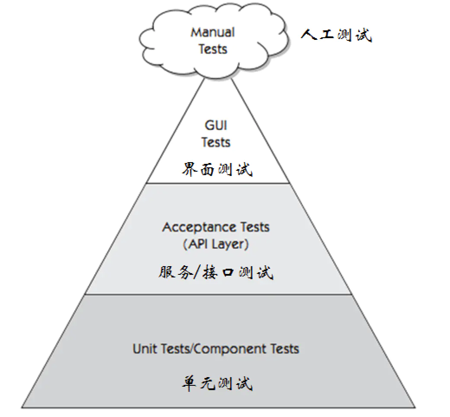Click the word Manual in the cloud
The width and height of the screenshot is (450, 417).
[x=212, y=33]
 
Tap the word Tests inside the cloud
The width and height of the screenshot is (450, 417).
[x=213, y=49]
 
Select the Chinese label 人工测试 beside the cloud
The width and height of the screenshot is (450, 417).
[x=336, y=35]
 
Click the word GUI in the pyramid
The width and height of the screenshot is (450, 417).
[x=215, y=126]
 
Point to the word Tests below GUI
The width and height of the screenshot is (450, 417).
[x=215, y=142]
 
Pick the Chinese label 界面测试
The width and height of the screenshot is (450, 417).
[x=216, y=169]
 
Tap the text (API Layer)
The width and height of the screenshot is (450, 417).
[x=215, y=244]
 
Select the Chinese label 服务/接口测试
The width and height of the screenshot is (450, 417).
[x=215, y=272]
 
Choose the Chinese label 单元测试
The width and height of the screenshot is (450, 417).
[x=216, y=384]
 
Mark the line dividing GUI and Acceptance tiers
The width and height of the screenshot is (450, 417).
[x=219, y=183]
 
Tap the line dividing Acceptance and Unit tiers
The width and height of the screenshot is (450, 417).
[x=219, y=294]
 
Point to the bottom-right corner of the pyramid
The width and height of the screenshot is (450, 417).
[x=414, y=407]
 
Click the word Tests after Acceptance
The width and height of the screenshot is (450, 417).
[x=254, y=227]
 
